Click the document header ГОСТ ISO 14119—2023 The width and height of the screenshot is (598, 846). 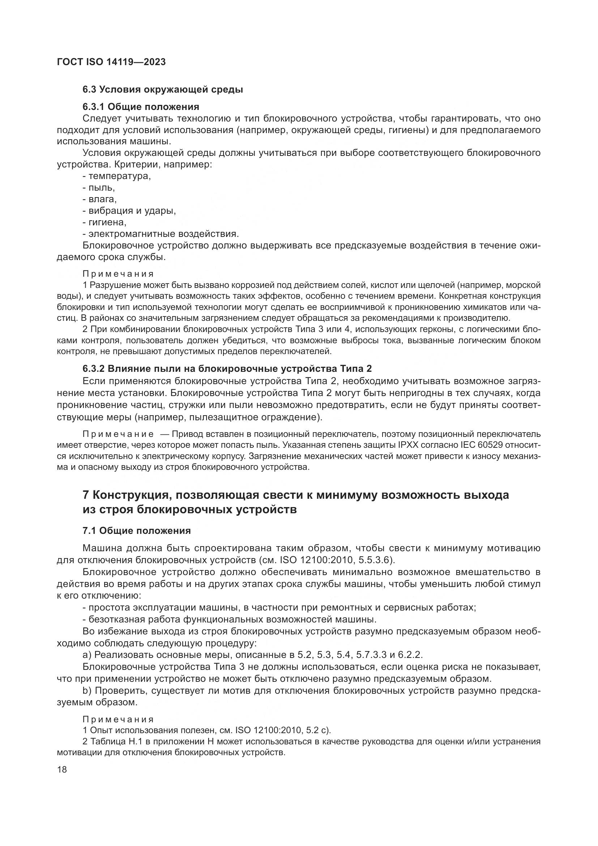pyautogui.click(x=111, y=62)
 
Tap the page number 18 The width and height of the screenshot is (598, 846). pyautogui.click(x=62, y=769)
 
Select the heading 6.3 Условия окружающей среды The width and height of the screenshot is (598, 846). pyautogui.click(x=162, y=90)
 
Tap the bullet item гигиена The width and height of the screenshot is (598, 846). pyautogui.click(x=107, y=222)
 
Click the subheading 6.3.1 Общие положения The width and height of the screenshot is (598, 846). pyautogui.click(x=141, y=107)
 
